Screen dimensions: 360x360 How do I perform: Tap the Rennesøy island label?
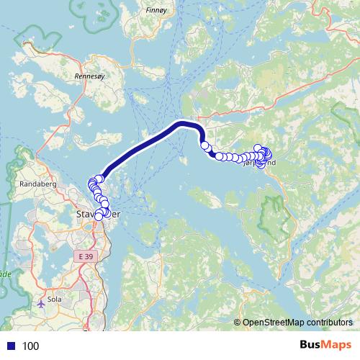(x=91, y=74)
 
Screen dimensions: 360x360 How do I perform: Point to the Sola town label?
(x=53, y=296)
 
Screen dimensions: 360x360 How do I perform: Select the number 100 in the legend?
(x=30, y=346)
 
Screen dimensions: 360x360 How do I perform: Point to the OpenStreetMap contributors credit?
(x=297, y=323)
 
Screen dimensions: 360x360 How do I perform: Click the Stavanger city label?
(x=91, y=214)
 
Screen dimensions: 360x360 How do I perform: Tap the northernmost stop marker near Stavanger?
(x=100, y=179)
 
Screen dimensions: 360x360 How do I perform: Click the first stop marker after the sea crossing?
(x=204, y=146)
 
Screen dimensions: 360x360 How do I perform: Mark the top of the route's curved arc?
(x=184, y=124)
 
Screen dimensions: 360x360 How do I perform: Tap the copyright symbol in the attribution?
(x=238, y=323)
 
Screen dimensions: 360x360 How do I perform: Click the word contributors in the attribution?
(x=326, y=323)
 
